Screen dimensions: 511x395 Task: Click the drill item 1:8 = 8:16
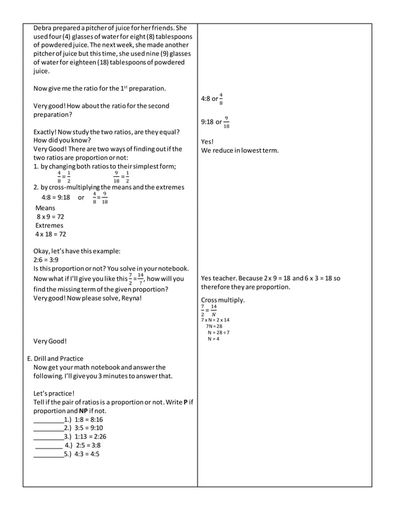[x=89, y=419]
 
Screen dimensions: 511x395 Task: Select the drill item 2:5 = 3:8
[x=87, y=445]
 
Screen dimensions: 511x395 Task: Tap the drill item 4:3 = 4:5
[x=87, y=453]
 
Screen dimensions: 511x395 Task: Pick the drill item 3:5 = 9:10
[x=89, y=428]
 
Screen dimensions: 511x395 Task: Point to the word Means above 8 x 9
[x=45, y=208]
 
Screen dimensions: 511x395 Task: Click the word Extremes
[x=49, y=226]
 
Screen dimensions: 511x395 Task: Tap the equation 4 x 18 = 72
[x=51, y=234]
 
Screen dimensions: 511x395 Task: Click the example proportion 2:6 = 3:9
[x=46, y=260]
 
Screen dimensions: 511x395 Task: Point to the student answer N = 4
[x=214, y=339]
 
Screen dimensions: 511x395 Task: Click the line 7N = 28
[x=214, y=326]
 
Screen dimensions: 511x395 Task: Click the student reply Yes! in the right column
[x=207, y=142]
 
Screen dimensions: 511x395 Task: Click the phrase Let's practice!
[x=53, y=393]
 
